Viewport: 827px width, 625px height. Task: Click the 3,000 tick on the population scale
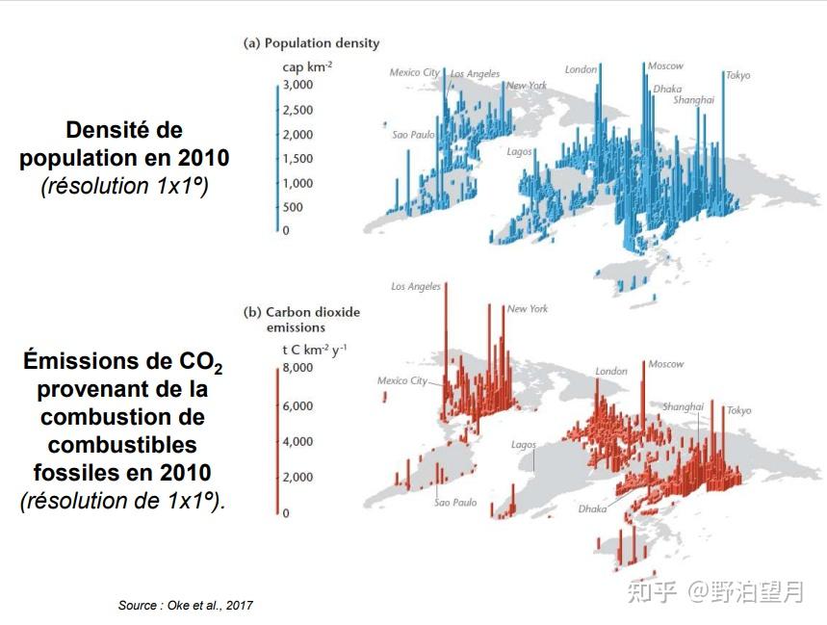click(297, 85)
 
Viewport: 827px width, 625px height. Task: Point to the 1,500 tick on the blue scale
click(297, 159)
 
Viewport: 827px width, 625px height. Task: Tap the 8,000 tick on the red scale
click(297, 368)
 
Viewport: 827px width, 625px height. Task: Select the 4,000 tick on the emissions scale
click(297, 441)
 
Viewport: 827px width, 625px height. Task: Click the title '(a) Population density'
click(311, 43)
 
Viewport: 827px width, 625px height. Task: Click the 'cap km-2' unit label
click(307, 67)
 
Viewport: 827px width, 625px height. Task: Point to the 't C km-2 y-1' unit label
click(315, 350)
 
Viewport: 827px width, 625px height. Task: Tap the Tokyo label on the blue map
click(737, 75)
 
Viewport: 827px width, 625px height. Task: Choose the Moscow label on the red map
click(665, 364)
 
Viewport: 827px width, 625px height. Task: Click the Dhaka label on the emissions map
click(592, 509)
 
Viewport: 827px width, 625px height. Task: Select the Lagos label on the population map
click(520, 152)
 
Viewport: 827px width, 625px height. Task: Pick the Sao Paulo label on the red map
click(455, 503)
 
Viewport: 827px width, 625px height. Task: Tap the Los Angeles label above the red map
click(416, 286)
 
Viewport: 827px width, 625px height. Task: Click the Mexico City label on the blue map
click(415, 72)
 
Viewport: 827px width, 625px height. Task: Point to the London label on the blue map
click(581, 69)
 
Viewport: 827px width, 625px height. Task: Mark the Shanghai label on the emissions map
click(683, 407)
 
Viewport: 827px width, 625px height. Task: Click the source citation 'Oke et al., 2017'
click(210, 606)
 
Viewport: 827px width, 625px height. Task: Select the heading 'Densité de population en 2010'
click(124, 144)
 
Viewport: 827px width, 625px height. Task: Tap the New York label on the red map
click(528, 309)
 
